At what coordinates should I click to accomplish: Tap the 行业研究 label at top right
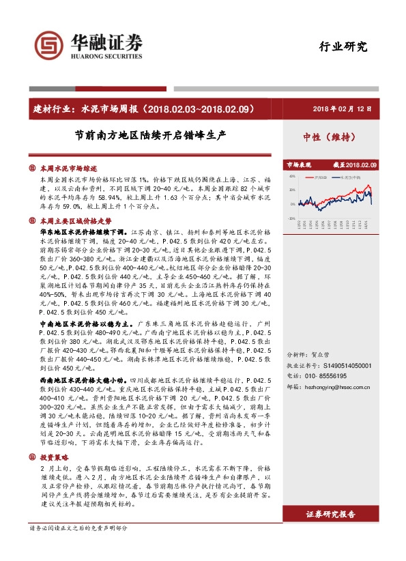click(x=343, y=47)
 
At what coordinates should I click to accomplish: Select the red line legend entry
click(x=320, y=176)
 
